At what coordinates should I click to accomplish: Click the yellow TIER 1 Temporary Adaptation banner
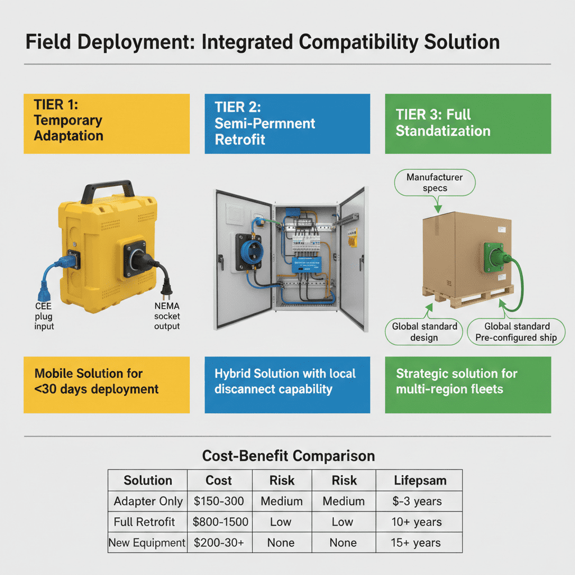(x=106, y=124)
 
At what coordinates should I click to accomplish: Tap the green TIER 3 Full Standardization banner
(x=468, y=124)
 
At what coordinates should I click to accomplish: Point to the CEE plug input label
(x=44, y=316)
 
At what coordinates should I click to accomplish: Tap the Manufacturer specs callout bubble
(x=435, y=182)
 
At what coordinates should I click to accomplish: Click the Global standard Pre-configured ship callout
(x=516, y=332)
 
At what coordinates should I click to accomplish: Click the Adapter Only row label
(x=148, y=501)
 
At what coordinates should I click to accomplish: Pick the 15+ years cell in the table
(x=416, y=542)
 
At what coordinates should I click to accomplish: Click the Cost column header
(x=218, y=481)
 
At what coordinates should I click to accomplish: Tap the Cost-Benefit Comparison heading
(x=288, y=456)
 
